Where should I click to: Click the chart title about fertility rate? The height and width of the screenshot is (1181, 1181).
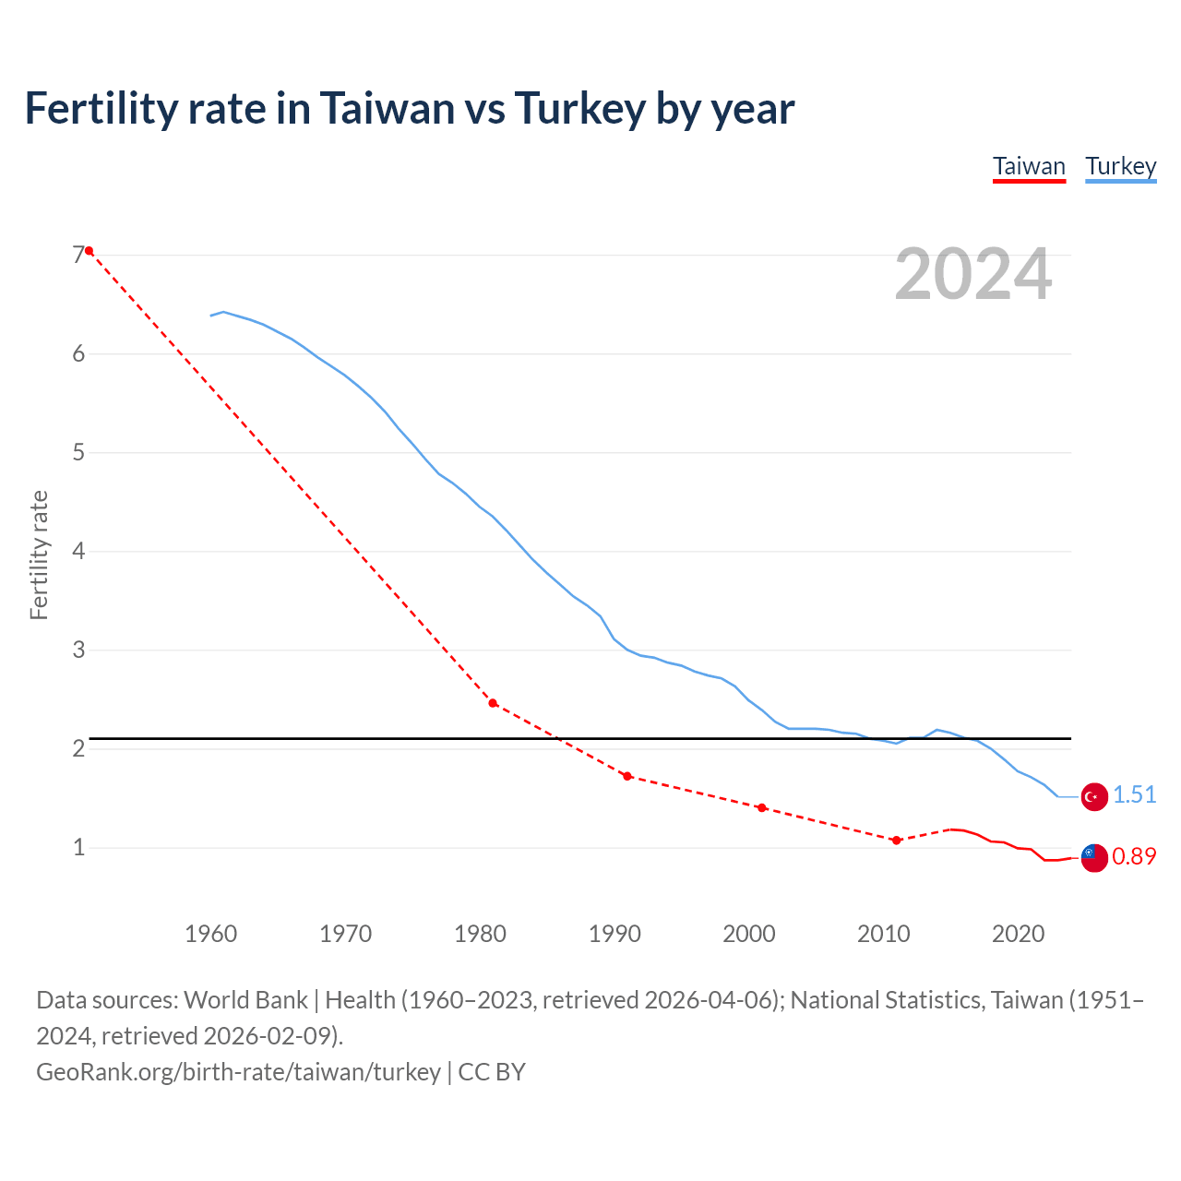coord(409,109)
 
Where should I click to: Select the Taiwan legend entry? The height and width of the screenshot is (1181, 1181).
coord(1029,166)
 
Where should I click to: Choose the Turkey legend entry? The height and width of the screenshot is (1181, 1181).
coord(1120,166)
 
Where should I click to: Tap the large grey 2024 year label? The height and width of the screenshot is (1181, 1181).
coord(972,274)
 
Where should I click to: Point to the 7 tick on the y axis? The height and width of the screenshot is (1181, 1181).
coord(78,255)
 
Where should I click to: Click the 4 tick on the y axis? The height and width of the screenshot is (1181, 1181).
coord(78,551)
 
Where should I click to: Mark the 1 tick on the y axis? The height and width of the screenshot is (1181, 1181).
coord(78,847)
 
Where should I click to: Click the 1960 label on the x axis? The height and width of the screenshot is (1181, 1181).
coord(211,934)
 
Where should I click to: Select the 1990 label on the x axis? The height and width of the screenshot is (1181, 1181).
coord(614,934)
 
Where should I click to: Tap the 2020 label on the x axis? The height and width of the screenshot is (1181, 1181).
coord(1018,934)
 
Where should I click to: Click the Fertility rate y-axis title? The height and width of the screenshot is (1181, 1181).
coord(39,555)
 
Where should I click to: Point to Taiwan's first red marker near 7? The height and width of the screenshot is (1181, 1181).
coord(89,251)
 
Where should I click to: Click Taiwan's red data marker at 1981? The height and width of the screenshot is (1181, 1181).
coord(493,703)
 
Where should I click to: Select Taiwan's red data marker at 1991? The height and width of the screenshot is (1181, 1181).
coord(627,776)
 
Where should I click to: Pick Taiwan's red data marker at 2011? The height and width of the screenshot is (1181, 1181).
coord(896,841)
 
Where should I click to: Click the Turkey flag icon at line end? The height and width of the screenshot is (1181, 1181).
coord(1093,796)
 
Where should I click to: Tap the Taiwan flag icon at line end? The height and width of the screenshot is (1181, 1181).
coord(1093,857)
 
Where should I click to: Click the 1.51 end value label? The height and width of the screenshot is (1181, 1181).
coord(1134,794)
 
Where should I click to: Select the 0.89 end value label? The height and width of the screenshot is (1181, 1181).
coord(1134,856)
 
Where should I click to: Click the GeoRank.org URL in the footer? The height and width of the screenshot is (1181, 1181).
coord(238,1072)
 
